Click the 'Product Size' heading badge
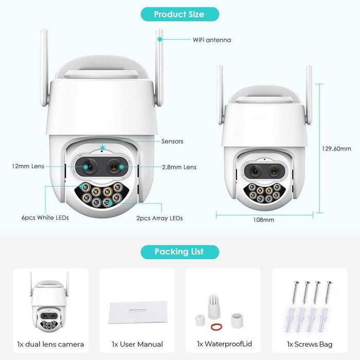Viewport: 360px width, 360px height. coord(179,14)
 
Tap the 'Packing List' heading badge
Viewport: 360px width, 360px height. coord(179,251)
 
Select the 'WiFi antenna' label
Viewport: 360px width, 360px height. coord(211,39)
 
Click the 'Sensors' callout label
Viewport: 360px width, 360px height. coord(172,141)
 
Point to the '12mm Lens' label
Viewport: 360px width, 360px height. coord(28,167)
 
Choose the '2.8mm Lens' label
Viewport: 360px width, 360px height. coord(179,167)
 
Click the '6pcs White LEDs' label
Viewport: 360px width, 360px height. coord(45,218)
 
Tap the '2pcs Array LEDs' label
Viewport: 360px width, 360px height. coord(159,218)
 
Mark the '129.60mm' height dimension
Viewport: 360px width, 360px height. coord(336,149)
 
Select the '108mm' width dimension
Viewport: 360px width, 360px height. coord(264,220)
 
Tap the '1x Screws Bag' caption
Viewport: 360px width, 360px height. coord(310,344)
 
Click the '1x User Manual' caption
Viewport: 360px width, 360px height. coord(137,344)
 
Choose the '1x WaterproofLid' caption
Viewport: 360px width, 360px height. coord(223,344)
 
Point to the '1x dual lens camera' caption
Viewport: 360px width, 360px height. coord(51,344)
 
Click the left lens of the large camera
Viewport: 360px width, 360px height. coord(87,167)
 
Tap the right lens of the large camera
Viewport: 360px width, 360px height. coord(114,167)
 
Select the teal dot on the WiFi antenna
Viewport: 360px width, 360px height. coord(160,39)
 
